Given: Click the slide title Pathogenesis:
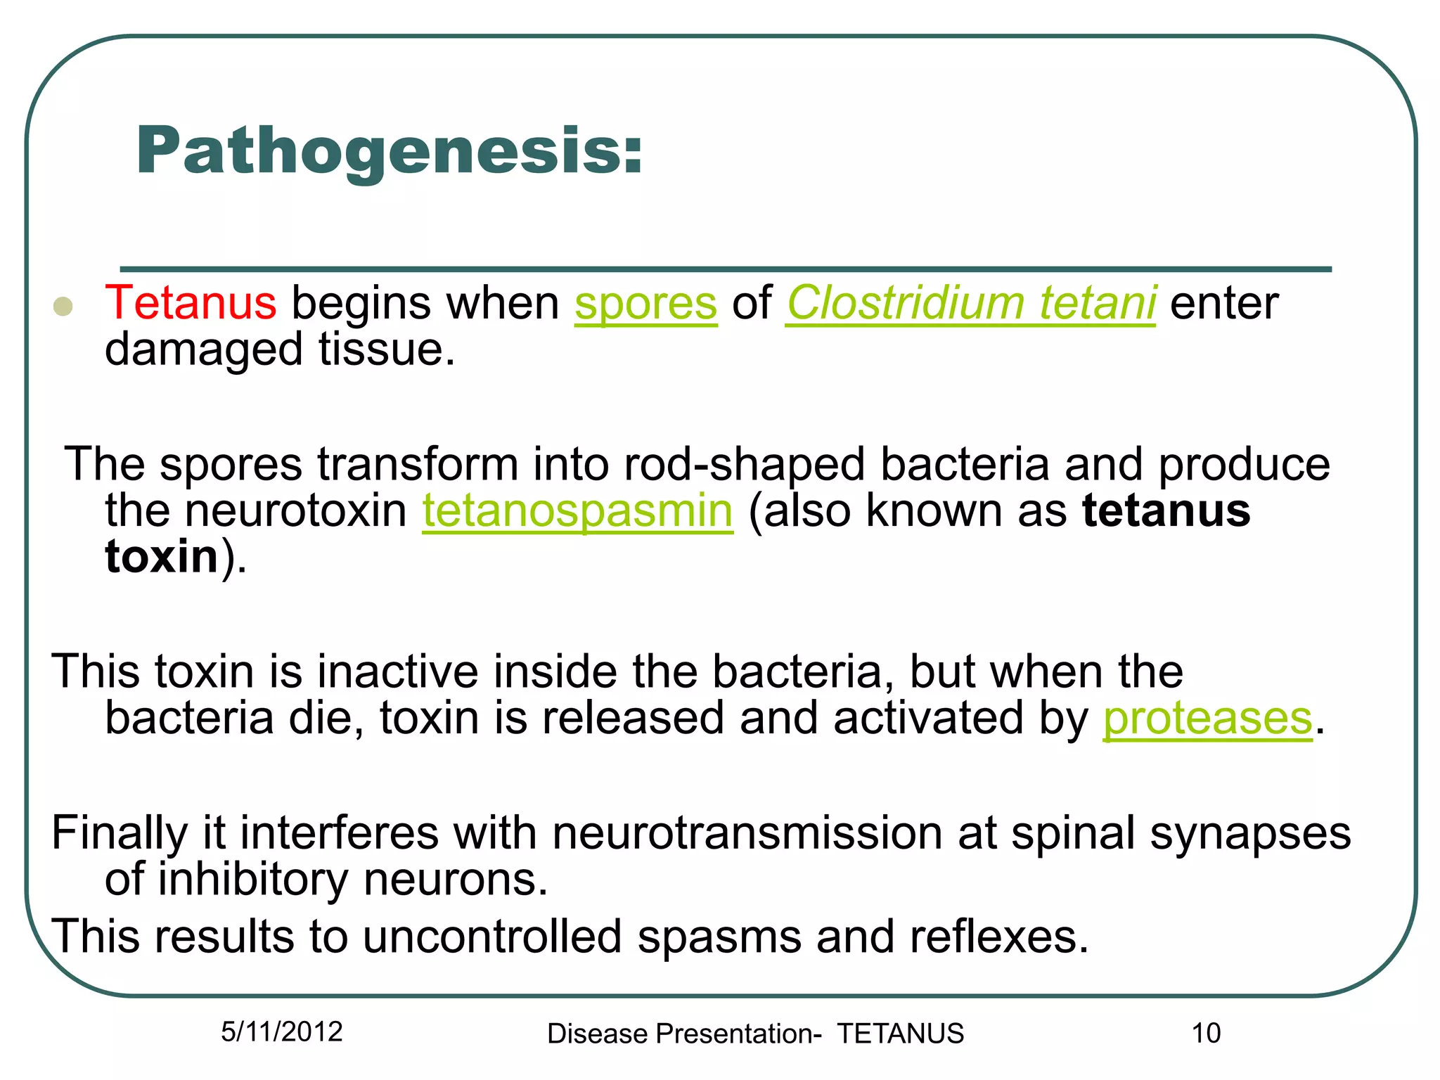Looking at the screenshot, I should [389, 150].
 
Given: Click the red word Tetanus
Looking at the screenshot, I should [191, 303].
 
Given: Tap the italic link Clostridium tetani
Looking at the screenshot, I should [970, 303].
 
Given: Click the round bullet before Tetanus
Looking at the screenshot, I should [63, 307].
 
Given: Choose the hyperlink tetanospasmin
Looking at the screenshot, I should [577, 510].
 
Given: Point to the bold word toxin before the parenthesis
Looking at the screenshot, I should [162, 556].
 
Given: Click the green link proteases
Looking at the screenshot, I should [1207, 718].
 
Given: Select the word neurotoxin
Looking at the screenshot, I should [296, 510].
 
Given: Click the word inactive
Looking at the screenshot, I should [397, 671].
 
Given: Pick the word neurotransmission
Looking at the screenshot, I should [747, 833].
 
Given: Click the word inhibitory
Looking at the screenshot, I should [253, 880].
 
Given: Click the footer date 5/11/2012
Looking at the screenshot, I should [281, 1031].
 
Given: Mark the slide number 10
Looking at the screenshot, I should [1206, 1034].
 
